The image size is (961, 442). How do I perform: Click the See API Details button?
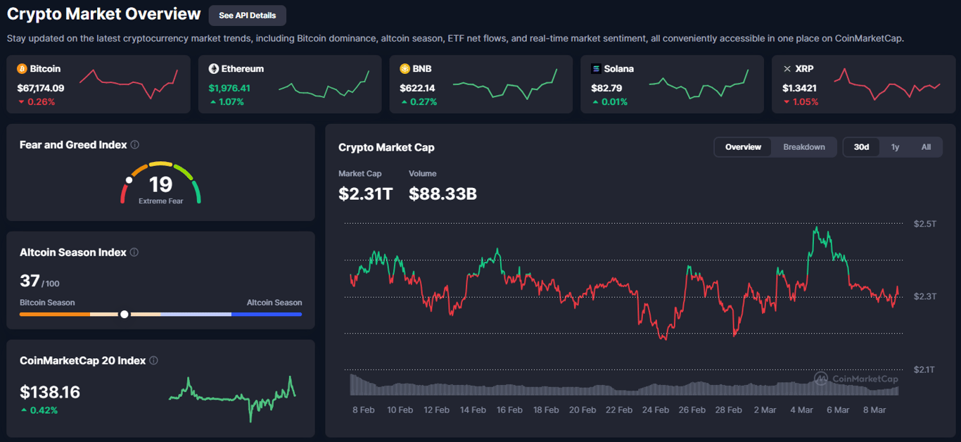(247, 15)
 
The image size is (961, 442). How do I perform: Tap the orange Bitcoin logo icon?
(22, 69)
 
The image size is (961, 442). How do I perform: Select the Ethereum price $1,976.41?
(229, 88)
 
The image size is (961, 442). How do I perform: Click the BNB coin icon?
(405, 69)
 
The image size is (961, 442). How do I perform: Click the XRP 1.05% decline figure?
(805, 102)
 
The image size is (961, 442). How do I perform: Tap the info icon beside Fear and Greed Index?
(134, 145)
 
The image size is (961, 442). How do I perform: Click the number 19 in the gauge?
(160, 184)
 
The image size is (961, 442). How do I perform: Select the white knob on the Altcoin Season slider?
(125, 314)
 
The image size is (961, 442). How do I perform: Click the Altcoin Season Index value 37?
(30, 281)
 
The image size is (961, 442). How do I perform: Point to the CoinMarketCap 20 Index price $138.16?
(50, 392)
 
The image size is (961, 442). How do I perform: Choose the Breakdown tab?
(804, 147)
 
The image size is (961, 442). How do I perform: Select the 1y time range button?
(895, 147)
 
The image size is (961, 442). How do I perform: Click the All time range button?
(926, 147)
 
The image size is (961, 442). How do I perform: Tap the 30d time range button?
(861, 147)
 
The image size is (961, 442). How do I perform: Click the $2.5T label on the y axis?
(925, 224)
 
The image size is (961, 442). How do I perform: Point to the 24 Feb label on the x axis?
(656, 410)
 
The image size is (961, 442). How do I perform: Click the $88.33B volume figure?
(443, 194)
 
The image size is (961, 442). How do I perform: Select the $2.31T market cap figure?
(365, 194)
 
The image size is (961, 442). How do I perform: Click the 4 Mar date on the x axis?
(801, 410)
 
